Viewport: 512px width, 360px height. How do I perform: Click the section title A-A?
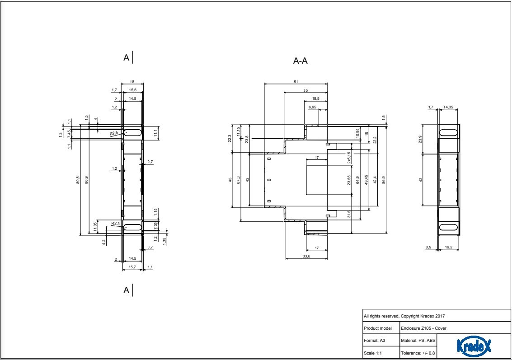[x=301, y=61]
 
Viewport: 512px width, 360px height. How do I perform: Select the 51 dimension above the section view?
[x=296, y=82]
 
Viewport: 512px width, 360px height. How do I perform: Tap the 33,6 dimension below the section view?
[x=306, y=256]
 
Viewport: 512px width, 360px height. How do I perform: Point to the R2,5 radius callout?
[x=114, y=134]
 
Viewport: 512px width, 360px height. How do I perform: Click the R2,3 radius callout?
[x=116, y=224]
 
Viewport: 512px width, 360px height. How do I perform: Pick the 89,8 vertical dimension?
[x=78, y=179]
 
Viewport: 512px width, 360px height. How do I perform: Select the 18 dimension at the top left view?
[x=132, y=82]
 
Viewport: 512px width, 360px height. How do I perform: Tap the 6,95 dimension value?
[x=312, y=108]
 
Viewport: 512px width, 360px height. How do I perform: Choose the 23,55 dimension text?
[x=349, y=180]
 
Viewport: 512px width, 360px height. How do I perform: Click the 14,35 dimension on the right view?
[x=449, y=108]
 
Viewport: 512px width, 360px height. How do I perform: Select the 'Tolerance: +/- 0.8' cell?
[x=418, y=352]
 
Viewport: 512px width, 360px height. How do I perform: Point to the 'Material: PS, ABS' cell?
[x=418, y=340]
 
